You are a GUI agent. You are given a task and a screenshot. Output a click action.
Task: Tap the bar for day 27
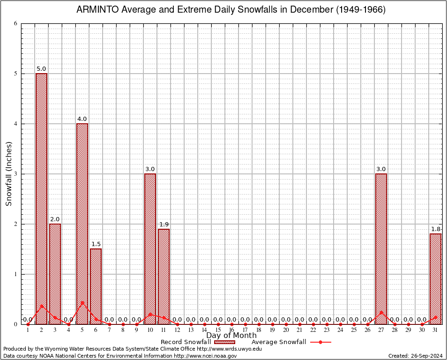click(381, 248)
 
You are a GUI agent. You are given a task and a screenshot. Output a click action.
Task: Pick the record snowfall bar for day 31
click(435, 278)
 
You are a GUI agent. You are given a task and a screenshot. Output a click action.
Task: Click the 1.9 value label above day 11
click(164, 225)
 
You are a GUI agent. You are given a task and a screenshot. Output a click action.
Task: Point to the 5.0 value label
click(41, 69)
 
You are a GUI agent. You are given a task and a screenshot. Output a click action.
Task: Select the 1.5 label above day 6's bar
click(96, 244)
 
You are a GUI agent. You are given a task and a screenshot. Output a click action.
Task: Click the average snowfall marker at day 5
click(82, 302)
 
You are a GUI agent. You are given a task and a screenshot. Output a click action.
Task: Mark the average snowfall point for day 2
click(41, 306)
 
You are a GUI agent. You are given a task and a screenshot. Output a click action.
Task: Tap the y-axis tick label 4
click(15, 124)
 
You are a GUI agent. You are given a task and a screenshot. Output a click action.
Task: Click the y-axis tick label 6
click(15, 23)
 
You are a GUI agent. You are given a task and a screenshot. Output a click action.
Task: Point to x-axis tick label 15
click(218, 330)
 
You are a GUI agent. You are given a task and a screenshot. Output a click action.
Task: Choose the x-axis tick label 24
click(340, 330)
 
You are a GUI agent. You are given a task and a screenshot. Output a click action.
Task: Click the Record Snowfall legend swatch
click(224, 342)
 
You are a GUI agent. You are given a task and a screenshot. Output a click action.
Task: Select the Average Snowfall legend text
click(278, 342)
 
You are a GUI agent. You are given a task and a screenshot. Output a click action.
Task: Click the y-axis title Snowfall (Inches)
click(8, 174)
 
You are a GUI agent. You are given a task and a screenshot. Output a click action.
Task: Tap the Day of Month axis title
click(231, 336)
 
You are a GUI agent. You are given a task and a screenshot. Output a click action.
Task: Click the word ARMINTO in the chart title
click(97, 10)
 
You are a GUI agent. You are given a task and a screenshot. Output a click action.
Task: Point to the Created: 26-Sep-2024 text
click(416, 356)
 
